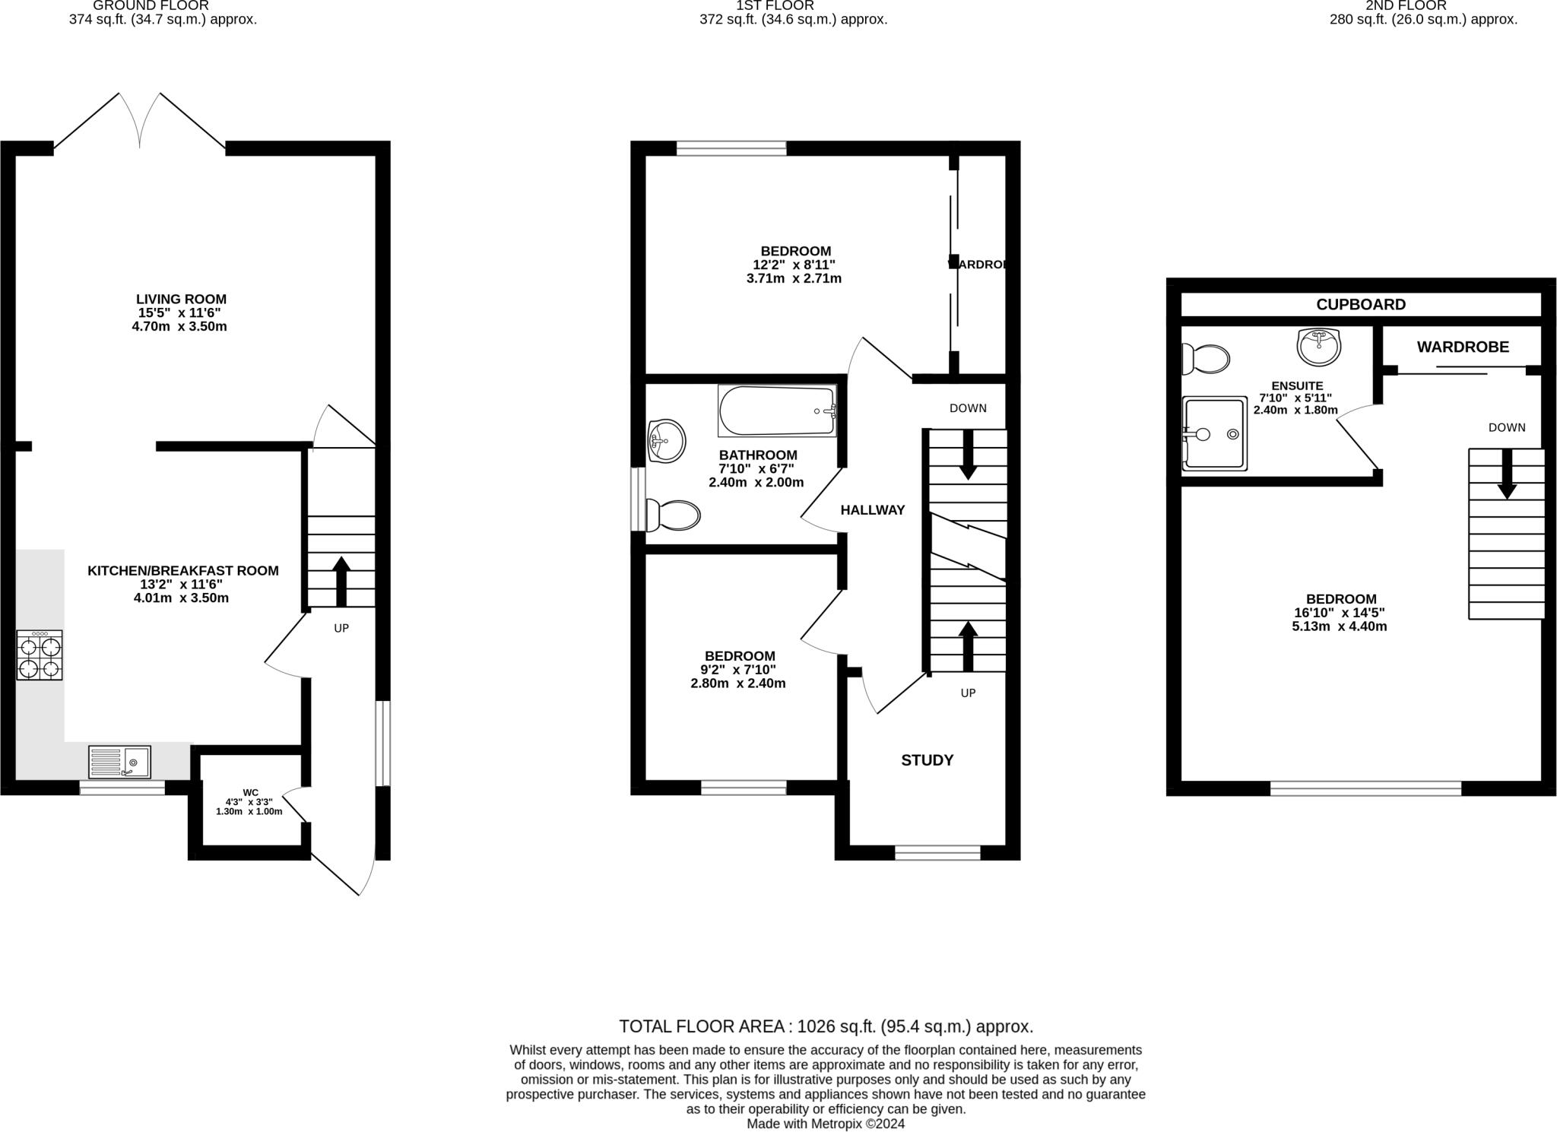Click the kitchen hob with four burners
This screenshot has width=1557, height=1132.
[x=40, y=655]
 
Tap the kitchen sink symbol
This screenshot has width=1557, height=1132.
[x=119, y=762]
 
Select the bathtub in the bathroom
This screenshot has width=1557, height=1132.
[x=777, y=411]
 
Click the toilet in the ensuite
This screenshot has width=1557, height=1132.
[x=1206, y=358]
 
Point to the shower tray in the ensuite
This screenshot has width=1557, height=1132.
[x=1214, y=433]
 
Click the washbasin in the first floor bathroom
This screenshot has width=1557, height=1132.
[x=666, y=440]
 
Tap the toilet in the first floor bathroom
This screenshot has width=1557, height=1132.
[x=672, y=515]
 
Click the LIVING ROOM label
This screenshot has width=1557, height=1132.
[x=181, y=300]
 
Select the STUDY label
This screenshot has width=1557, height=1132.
[x=927, y=760]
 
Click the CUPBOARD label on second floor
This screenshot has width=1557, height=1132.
[x=1361, y=305]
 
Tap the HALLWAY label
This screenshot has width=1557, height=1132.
[x=872, y=510]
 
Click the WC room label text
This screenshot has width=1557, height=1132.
[x=250, y=793]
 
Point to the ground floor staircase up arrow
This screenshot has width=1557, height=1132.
[x=341, y=582]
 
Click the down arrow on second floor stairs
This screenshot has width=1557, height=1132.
[x=1507, y=475]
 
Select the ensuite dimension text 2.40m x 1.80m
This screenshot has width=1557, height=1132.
[x=1295, y=410]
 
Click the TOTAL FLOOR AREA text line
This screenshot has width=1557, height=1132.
[x=826, y=1026]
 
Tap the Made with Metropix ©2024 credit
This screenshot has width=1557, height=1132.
[x=826, y=1124]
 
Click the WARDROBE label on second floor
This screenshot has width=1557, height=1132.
[x=1462, y=347]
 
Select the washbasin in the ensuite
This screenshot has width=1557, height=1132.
[x=1318, y=347]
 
